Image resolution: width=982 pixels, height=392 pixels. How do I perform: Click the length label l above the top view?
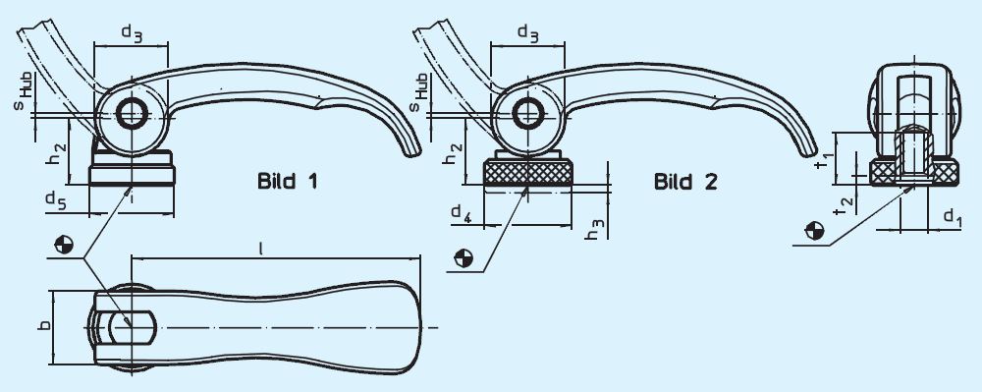click(259, 250)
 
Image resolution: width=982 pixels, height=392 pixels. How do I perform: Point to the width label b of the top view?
click(42, 325)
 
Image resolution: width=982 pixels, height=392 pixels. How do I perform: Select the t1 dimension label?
click(826, 152)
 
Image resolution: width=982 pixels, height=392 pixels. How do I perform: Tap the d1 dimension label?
click(951, 214)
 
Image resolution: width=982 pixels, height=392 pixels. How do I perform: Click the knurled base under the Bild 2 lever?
click(528, 174)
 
